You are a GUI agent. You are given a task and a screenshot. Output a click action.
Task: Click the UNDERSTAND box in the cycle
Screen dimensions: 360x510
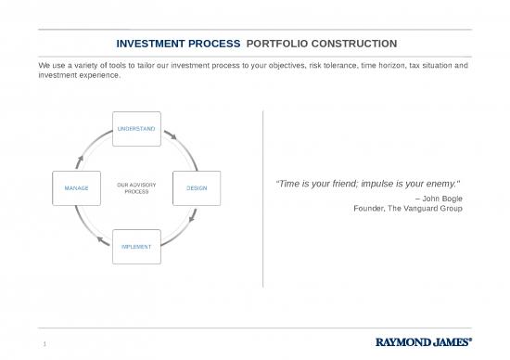tap(136, 127)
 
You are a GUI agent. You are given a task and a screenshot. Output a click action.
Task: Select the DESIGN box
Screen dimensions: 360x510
tap(197, 188)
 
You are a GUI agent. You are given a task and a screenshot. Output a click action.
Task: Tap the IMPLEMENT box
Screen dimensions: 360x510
tap(136, 247)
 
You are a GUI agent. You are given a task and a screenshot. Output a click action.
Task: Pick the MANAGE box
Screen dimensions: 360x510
tap(76, 188)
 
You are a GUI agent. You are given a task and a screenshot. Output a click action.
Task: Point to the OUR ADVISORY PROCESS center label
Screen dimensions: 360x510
tap(136, 188)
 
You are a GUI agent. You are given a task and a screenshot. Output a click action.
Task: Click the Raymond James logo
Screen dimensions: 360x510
tap(427, 341)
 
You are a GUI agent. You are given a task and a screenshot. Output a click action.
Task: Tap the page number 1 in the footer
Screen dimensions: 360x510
tap(44, 346)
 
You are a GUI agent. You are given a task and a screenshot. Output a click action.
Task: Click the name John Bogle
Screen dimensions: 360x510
tap(444, 199)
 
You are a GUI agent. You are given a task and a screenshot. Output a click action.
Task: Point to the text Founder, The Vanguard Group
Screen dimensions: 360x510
tap(409, 208)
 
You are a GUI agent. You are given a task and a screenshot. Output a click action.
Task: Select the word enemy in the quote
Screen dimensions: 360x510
tap(440, 184)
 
